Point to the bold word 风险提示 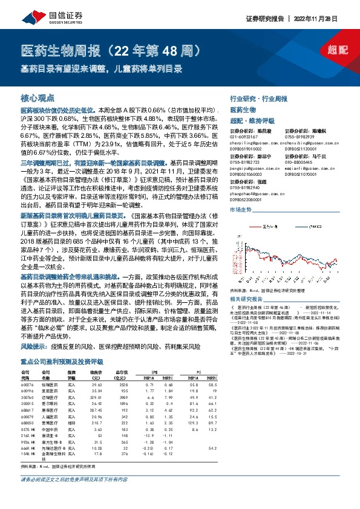(31, 348)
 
